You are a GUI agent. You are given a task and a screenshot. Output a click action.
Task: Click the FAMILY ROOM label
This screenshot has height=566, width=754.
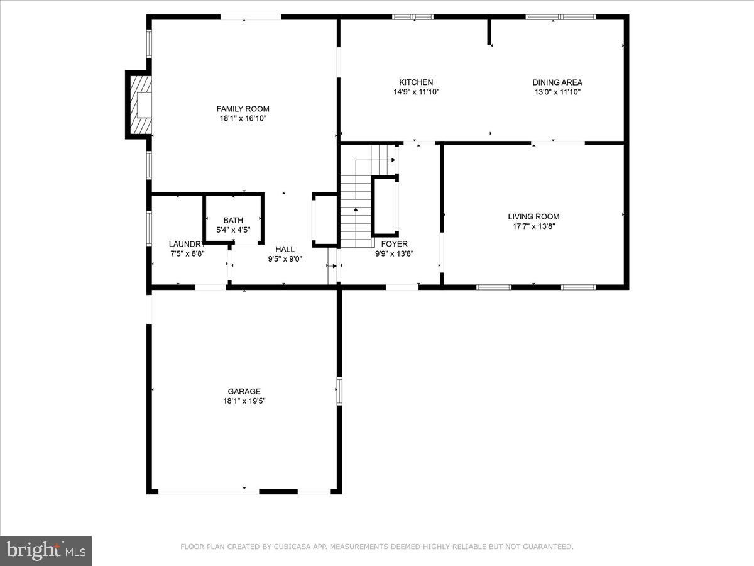coord(243,108)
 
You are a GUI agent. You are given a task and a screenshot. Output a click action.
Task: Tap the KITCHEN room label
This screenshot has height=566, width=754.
coord(416,82)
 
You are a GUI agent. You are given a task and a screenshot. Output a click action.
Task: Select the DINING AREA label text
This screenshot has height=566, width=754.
coord(557,82)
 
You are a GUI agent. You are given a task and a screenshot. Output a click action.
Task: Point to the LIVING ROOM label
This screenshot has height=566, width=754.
coord(533,217)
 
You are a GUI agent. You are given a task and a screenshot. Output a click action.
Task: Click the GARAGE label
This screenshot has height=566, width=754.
coord(244,391)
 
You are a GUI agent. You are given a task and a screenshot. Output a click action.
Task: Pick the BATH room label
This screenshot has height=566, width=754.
coord(233,220)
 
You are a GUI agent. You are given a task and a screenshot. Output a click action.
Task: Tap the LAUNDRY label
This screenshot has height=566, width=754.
coord(186,244)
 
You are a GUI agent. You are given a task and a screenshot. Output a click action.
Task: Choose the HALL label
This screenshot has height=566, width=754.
coord(285,249)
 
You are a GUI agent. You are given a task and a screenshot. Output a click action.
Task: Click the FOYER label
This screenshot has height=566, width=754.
coord(394,244)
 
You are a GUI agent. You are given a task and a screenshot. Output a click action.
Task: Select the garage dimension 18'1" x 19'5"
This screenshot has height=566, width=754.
coord(244,401)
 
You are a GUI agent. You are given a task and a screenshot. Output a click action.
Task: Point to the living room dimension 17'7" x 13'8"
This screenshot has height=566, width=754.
coord(533,226)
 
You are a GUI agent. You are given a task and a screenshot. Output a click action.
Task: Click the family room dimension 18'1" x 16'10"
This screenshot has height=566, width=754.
coord(243,118)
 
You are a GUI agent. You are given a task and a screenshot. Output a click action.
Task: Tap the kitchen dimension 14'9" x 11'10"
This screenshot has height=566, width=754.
coord(416,92)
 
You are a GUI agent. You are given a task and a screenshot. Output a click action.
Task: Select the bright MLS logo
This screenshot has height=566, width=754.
coord(46,550)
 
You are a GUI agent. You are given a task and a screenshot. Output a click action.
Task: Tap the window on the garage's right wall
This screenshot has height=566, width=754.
coord(339,391)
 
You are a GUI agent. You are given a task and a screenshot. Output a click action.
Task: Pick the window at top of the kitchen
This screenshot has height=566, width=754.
coord(413,17)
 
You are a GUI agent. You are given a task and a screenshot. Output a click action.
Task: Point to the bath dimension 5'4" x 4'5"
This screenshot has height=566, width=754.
coord(233,230)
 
